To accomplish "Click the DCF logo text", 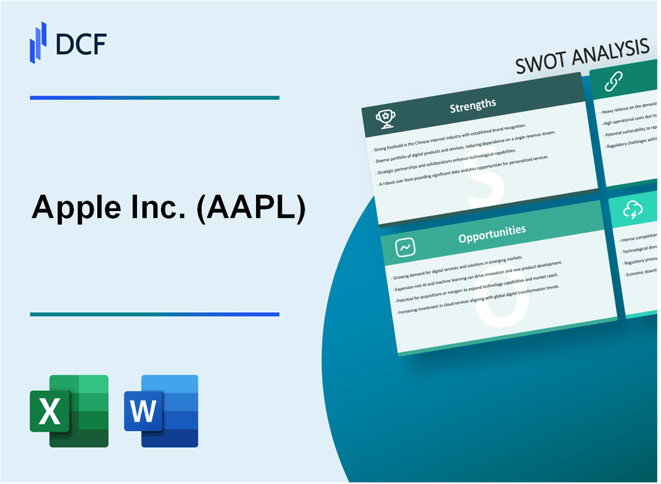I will click(81, 44).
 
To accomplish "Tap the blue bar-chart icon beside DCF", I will click(38, 43).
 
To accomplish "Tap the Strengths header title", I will click(473, 105).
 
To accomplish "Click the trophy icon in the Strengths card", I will click(385, 119).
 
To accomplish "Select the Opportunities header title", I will click(492, 230).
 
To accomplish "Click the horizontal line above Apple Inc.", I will click(154, 97).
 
